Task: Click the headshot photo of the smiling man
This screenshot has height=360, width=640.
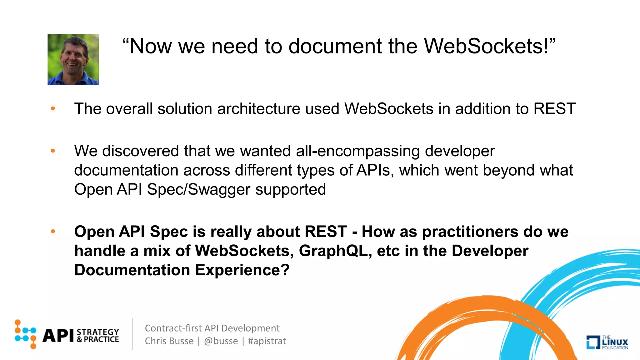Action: click(73, 59)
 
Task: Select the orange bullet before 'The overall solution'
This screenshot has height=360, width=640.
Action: click(53, 109)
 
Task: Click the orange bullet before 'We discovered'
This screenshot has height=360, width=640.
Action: click(53, 151)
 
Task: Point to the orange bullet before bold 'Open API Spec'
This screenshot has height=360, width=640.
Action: click(53, 232)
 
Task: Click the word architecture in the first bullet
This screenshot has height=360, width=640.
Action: click(258, 109)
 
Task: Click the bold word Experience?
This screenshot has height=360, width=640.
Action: click(242, 270)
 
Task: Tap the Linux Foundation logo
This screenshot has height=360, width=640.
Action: click(607, 342)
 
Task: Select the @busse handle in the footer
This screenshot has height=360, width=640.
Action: click(221, 341)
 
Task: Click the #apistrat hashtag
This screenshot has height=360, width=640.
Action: click(267, 341)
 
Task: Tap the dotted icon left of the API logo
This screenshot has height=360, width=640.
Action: click(25, 334)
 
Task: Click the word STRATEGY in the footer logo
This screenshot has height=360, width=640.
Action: click(98, 332)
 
